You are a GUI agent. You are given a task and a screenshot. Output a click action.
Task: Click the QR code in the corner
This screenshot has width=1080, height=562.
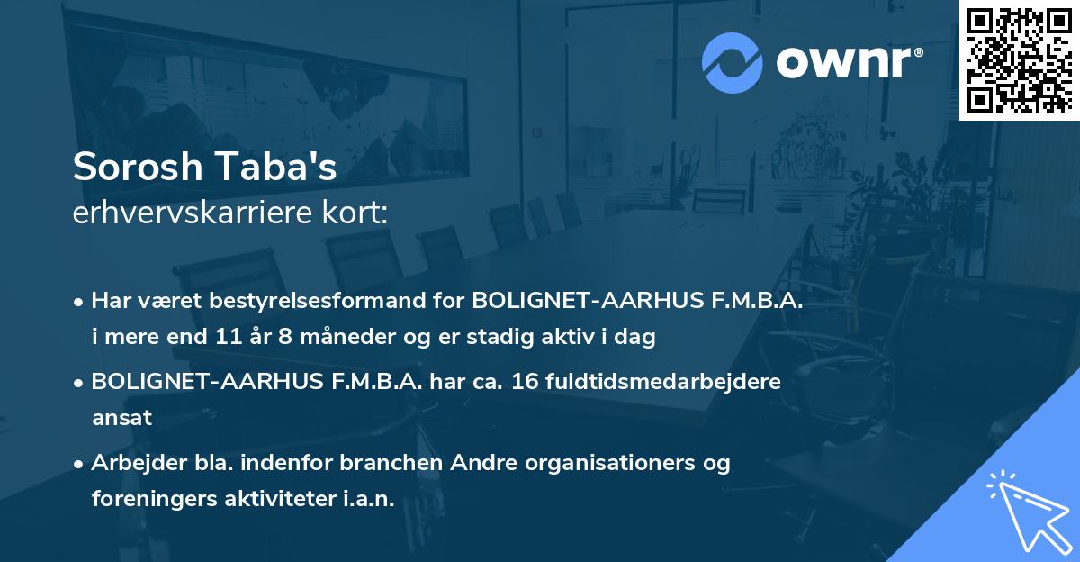(1020, 59)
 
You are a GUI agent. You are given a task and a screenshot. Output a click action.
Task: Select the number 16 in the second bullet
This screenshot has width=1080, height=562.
(528, 381)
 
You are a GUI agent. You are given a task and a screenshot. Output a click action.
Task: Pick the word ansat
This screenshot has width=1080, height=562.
(121, 418)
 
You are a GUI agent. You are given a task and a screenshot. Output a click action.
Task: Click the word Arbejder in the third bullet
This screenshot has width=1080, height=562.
(132, 463)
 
